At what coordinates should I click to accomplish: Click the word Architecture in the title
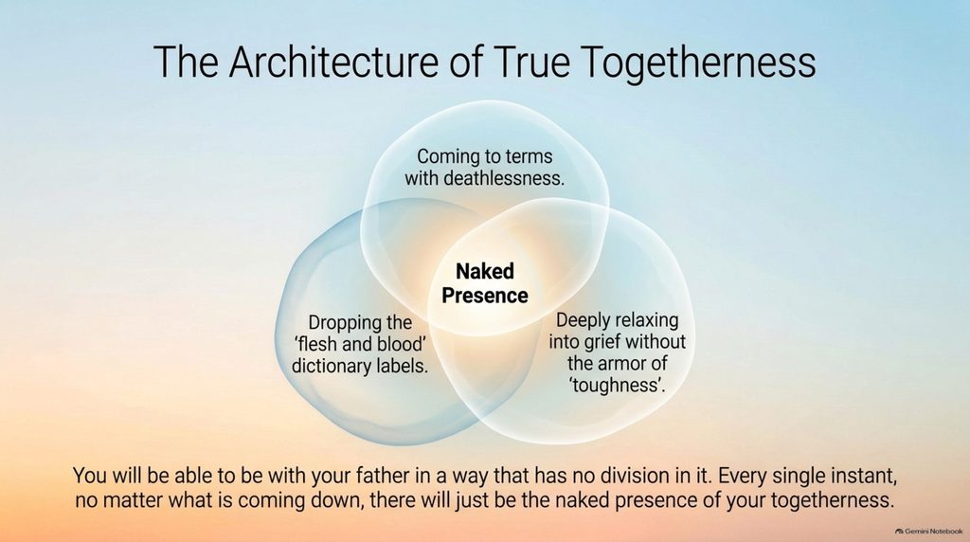[333, 61]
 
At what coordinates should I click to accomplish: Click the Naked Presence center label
[485, 282]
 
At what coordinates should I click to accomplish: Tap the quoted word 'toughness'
[617, 385]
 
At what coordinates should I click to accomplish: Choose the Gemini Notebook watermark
[928, 531]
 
